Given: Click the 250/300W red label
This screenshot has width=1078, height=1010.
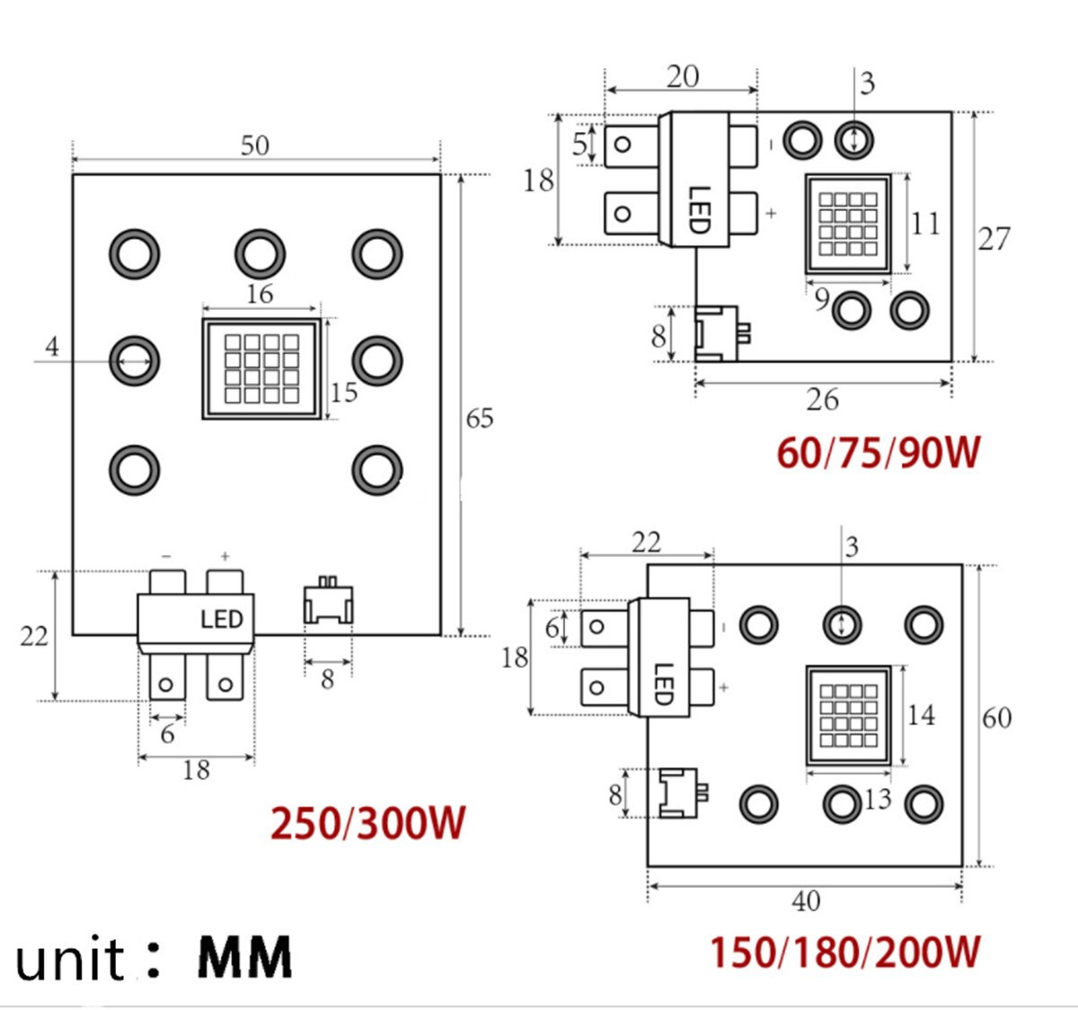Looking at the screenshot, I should coord(368,823).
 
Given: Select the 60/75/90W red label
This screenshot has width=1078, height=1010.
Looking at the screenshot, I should coord(878,452).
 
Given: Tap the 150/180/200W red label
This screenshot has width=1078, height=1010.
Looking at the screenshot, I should coord(844,952).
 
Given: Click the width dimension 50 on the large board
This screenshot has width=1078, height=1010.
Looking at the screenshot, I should coord(255,146).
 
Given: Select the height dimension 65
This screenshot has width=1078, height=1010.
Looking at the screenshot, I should coord(480,419).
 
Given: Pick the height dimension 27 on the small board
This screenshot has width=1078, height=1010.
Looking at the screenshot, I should coord(994,239).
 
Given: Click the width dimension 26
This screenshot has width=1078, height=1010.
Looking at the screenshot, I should coord(822,400).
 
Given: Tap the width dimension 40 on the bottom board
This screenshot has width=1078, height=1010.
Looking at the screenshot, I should coord(806,901).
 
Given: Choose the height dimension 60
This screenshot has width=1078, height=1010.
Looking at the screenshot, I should coord(996,718).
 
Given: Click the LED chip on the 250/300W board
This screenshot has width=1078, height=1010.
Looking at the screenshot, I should coord(261,368).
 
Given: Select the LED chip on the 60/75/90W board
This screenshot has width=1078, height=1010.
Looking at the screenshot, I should coord(848,224).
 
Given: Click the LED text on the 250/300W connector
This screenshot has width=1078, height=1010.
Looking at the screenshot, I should coord(221,620).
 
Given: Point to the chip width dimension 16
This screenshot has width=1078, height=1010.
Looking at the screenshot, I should coord(260,295).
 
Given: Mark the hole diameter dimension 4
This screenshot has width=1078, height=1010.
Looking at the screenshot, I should coord(52,347).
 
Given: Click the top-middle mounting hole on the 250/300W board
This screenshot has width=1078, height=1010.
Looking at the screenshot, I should coord(261,253).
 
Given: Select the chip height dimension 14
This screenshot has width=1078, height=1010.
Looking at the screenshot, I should coord(921,715).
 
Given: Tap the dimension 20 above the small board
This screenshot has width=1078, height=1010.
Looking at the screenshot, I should coord(683,76).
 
